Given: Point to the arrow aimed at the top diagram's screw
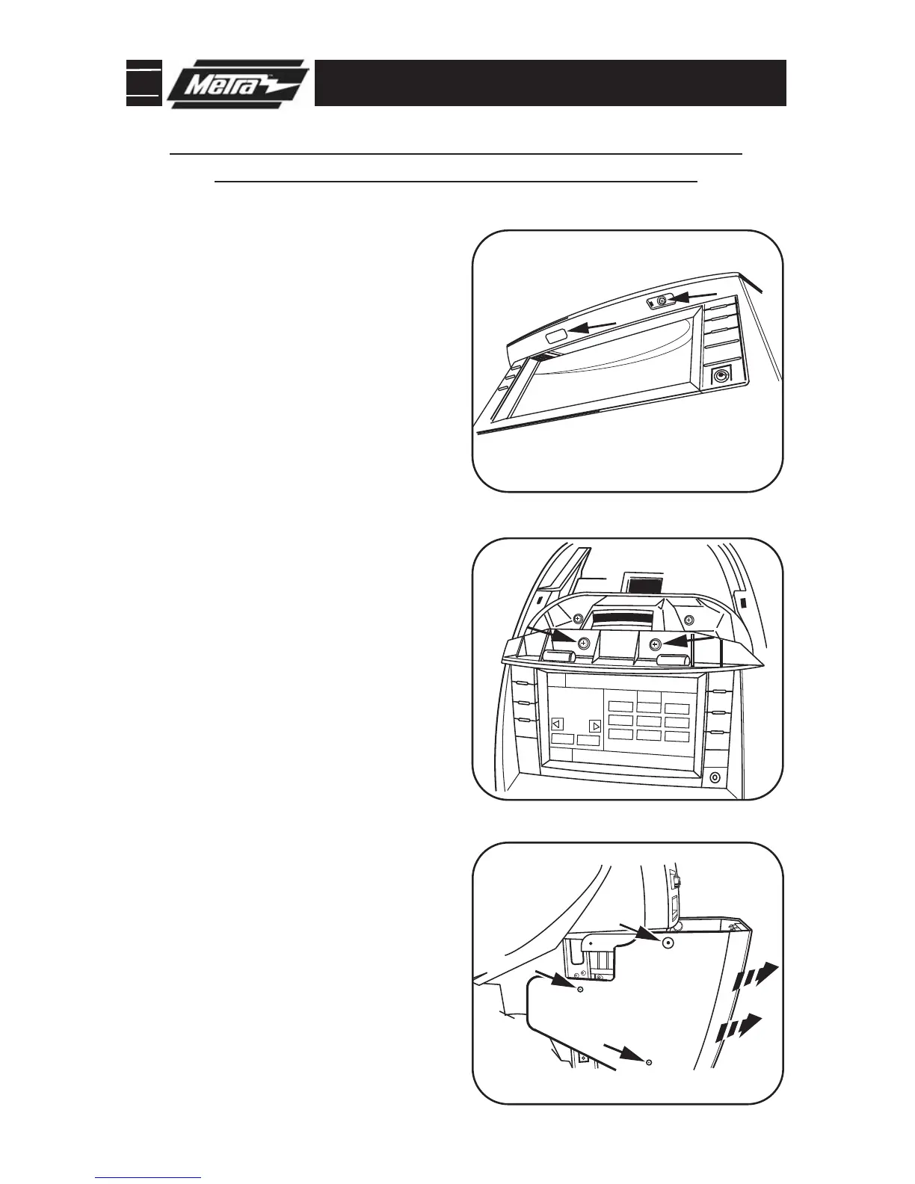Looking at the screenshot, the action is point(691,297).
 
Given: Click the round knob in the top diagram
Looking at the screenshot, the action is point(721,376).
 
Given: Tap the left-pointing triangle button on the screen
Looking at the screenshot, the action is point(556,724).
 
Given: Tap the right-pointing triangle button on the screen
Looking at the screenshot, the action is point(595,726).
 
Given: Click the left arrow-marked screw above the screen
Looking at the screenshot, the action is point(583,643).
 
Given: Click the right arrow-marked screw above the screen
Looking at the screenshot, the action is point(655,644).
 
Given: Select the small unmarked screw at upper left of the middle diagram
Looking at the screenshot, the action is point(577,619).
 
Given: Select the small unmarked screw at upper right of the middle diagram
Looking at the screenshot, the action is point(688,619).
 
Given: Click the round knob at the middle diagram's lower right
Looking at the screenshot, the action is point(715,778).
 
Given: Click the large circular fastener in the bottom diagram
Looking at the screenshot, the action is point(668,943).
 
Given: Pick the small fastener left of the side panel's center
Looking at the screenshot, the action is point(580,989).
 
